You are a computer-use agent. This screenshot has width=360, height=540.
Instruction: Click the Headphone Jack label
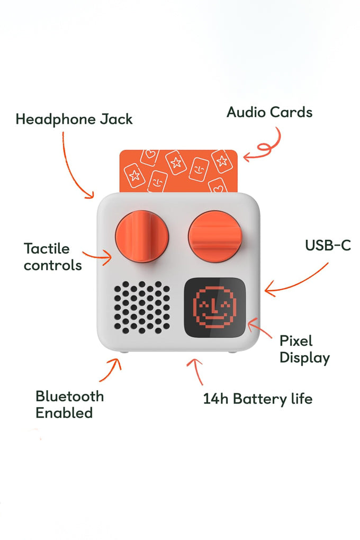click(74, 119)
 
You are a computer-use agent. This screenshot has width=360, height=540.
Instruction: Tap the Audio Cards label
click(269, 112)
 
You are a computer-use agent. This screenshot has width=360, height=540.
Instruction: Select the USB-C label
click(328, 246)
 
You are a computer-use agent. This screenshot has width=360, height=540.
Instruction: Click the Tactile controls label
click(52, 257)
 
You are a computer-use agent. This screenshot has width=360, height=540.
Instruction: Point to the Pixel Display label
click(304, 349)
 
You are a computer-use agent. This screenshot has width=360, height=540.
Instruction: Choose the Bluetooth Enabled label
click(69, 404)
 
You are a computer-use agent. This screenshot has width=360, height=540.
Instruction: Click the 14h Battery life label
click(257, 399)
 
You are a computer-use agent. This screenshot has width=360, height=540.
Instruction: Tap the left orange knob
click(141, 237)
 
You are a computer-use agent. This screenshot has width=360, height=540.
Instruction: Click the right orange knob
click(215, 236)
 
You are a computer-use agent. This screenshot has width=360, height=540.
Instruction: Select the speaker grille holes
click(142, 308)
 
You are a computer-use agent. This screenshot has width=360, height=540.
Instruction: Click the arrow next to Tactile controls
click(97, 258)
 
